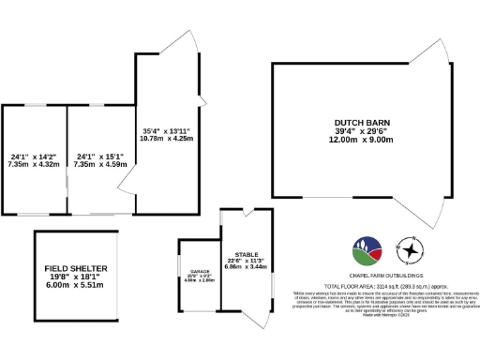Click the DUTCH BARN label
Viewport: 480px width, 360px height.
[x=362, y=122]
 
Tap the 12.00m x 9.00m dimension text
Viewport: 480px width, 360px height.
[x=362, y=140]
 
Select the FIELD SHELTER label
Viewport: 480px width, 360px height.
[x=77, y=268]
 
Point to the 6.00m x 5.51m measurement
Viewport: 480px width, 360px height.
[x=77, y=286]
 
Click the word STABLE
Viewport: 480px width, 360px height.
[x=247, y=253]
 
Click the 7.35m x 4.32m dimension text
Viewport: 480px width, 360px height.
[x=34, y=164]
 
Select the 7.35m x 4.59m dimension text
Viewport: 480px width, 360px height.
[x=100, y=164]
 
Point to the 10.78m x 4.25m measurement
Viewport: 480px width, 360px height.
[x=167, y=139]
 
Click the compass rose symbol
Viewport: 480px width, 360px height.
[x=410, y=250]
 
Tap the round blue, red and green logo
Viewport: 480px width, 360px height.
[x=367, y=250]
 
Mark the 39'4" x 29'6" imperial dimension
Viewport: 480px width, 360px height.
[x=362, y=131]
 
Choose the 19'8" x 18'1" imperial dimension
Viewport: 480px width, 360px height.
[x=77, y=277]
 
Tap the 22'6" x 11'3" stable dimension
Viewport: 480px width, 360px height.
[x=247, y=261]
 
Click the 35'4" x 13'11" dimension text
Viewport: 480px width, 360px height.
[x=167, y=130]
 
